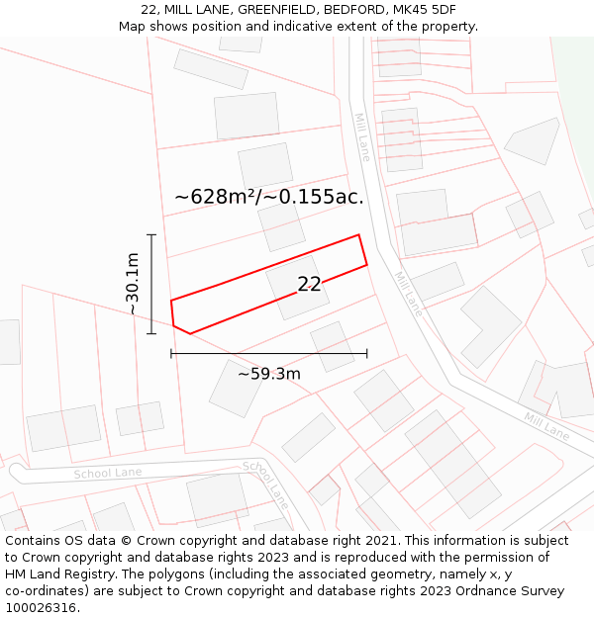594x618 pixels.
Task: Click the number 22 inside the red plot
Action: pyautogui.click(x=309, y=284)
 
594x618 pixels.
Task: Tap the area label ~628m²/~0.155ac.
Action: pyautogui.click(x=268, y=197)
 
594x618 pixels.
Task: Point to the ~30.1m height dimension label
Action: pyautogui.click(x=132, y=284)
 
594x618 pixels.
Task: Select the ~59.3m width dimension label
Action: pyautogui.click(x=268, y=374)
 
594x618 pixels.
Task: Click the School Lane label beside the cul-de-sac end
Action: pyautogui.click(x=108, y=474)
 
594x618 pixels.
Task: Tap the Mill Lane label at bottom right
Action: pyautogui.click(x=547, y=427)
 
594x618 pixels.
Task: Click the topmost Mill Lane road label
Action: pyautogui.click(x=362, y=136)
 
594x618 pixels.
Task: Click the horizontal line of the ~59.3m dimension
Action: pyautogui.click(x=268, y=353)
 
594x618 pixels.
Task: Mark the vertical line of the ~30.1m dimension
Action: pyautogui.click(x=151, y=284)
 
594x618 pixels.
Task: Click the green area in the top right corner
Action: pyautogui.click(x=575, y=69)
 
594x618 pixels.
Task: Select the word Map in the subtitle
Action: pyautogui.click(x=133, y=27)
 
